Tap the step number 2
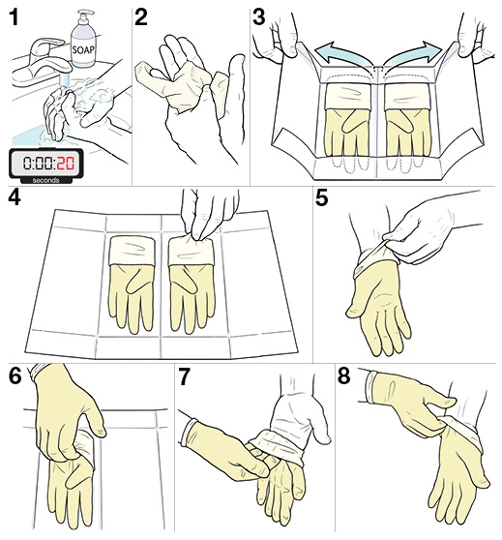coord(142,17)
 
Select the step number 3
coord(259,17)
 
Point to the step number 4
coord(14,198)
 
